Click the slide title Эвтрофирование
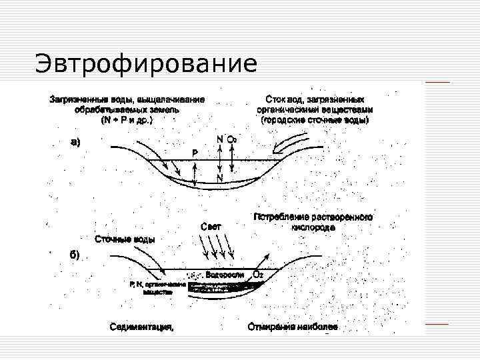[145, 65]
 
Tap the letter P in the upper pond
[195, 153]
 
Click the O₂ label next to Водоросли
[257, 275]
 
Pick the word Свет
[211, 227]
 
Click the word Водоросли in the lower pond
[223, 275]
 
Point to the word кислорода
[313, 227]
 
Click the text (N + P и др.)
[126, 120]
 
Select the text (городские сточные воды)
[315, 120]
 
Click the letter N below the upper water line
[219, 178]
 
